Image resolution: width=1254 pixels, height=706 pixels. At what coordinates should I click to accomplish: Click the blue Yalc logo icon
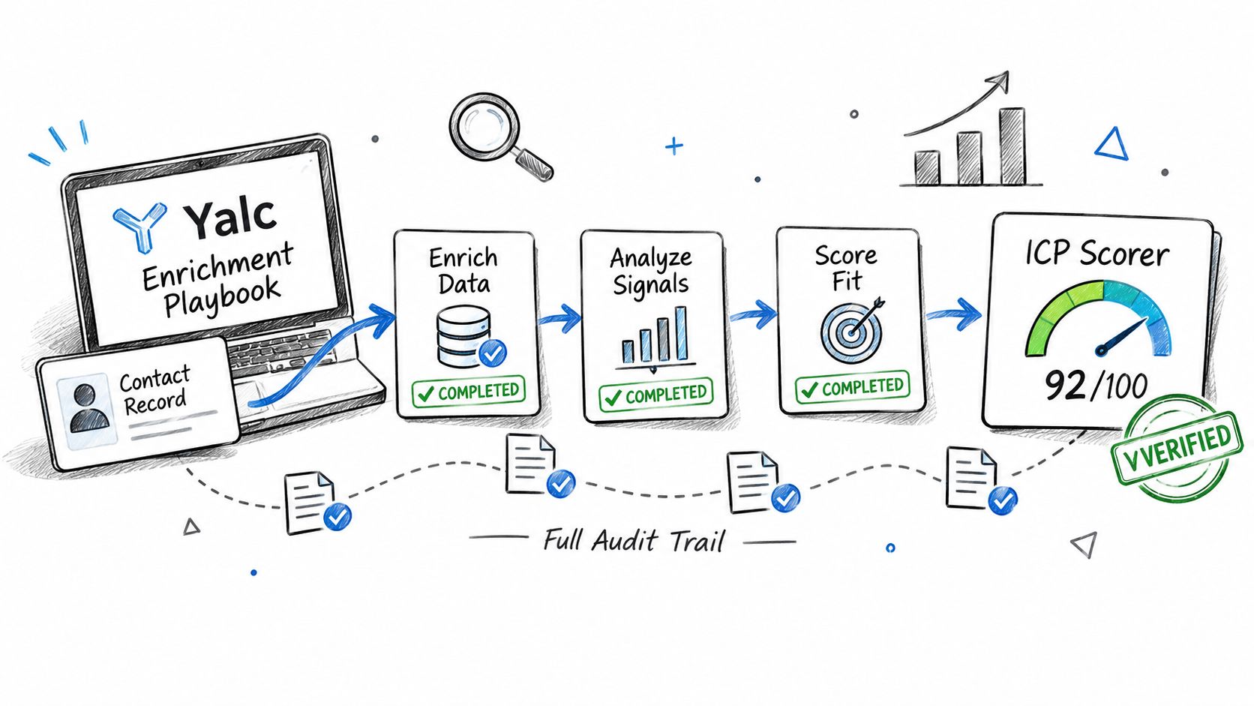(140, 226)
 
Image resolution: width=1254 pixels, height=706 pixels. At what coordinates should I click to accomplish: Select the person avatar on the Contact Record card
(89, 409)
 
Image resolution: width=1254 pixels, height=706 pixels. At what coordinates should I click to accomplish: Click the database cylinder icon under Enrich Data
(463, 336)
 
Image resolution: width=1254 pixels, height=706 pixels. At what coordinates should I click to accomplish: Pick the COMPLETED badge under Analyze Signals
(655, 395)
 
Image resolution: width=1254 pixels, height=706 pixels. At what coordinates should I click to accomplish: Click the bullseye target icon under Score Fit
(851, 332)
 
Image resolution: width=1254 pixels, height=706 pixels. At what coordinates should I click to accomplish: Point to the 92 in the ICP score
(1065, 386)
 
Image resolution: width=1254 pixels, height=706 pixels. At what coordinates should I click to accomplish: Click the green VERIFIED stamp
(1177, 447)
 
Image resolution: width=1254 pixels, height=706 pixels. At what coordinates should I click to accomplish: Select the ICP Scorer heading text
(1097, 254)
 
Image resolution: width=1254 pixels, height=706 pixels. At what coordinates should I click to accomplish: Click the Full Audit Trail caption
(634, 541)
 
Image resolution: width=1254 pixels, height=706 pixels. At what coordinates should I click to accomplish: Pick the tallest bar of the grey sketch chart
(1012, 147)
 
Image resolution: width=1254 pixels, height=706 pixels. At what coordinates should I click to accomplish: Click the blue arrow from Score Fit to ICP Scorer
(954, 314)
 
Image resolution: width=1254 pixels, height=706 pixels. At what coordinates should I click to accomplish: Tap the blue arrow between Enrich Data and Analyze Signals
(559, 319)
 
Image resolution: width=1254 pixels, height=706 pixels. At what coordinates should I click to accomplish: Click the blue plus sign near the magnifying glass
(674, 146)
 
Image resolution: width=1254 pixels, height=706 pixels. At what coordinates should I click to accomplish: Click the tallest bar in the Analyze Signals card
(681, 334)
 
